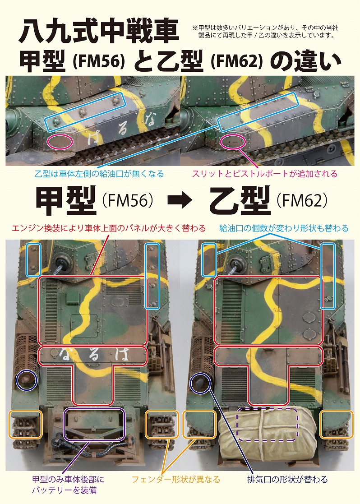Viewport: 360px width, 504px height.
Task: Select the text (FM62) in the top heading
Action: point(237,62)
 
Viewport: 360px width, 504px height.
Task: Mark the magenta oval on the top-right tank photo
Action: point(233,141)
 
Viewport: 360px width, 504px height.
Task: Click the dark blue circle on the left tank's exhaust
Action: point(27,379)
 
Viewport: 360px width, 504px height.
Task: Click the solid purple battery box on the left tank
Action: point(94,424)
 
